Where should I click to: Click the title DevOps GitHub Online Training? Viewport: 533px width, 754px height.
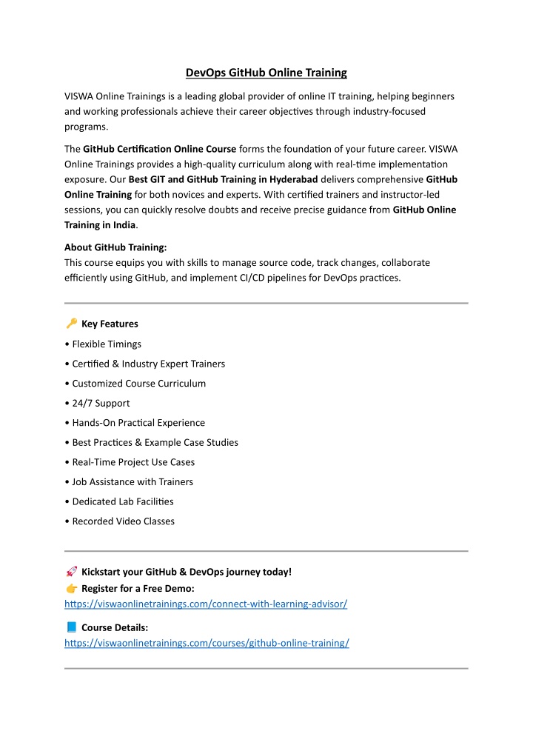point(266,73)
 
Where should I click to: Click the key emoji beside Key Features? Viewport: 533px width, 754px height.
point(71,323)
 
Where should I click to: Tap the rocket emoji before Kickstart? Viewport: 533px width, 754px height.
point(71,571)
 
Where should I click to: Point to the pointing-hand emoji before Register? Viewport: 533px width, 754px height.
point(71,588)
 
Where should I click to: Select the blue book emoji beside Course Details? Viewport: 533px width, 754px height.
point(71,627)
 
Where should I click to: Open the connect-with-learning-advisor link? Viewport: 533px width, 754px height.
point(206,604)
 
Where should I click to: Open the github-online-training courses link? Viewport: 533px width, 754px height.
point(207,643)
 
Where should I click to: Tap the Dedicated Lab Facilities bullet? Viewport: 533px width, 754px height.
point(123,501)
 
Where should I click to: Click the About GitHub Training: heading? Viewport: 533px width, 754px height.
point(115,248)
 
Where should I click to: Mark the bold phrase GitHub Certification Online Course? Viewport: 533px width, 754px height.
point(160,149)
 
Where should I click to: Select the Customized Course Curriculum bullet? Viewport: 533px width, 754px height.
point(138,383)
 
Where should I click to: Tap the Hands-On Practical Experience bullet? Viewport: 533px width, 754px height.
point(138,422)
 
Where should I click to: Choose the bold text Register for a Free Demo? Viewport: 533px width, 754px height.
point(138,588)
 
